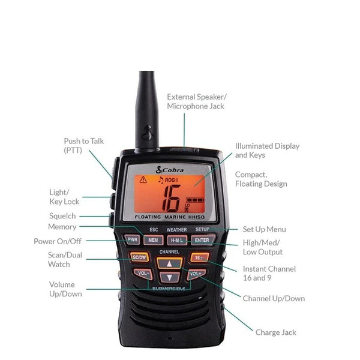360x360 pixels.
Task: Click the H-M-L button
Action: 178,240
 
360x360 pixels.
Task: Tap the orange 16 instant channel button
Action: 199,257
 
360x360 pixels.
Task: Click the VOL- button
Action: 143,274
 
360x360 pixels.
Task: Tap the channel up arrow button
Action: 170,263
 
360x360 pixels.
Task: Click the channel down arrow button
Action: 170,277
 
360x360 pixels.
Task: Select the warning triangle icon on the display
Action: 143,179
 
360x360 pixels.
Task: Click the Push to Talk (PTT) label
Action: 84,146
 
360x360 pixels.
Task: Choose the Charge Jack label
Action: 275,332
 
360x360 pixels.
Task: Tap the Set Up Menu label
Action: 264,229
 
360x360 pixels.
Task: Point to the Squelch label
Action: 62,215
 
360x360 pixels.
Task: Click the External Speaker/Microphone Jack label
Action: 196,101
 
